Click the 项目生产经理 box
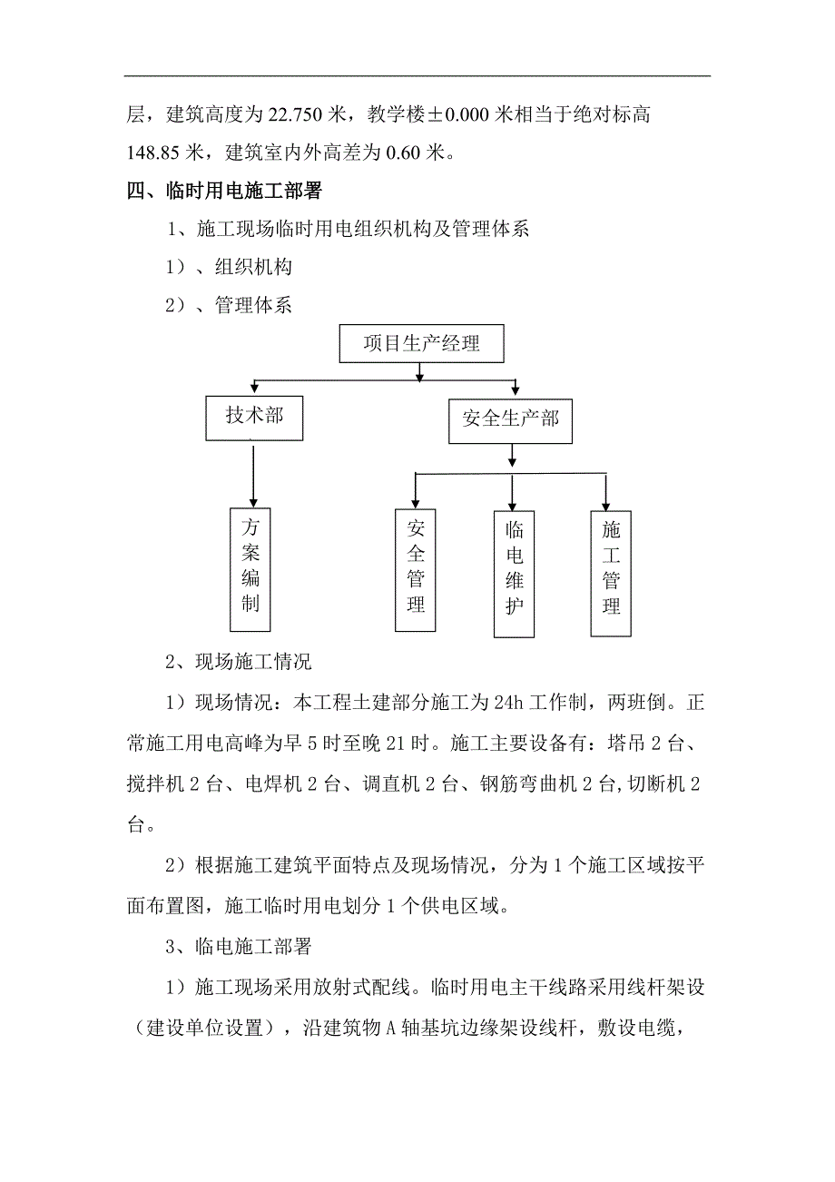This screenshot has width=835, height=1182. pos(420,344)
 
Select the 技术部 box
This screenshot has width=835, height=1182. pos(253,418)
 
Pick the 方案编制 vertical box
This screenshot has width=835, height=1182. pos(250,567)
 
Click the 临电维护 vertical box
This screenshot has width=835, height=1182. pos(514,574)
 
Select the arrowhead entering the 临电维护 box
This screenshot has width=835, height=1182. pos(513,502)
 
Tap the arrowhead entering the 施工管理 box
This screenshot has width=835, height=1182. pos(606,502)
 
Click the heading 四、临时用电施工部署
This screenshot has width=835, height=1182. pos(225,192)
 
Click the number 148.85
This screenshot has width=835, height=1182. pos(155,153)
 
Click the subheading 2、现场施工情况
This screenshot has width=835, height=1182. pos(239,663)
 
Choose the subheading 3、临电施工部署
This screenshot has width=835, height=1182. pos(239,947)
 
